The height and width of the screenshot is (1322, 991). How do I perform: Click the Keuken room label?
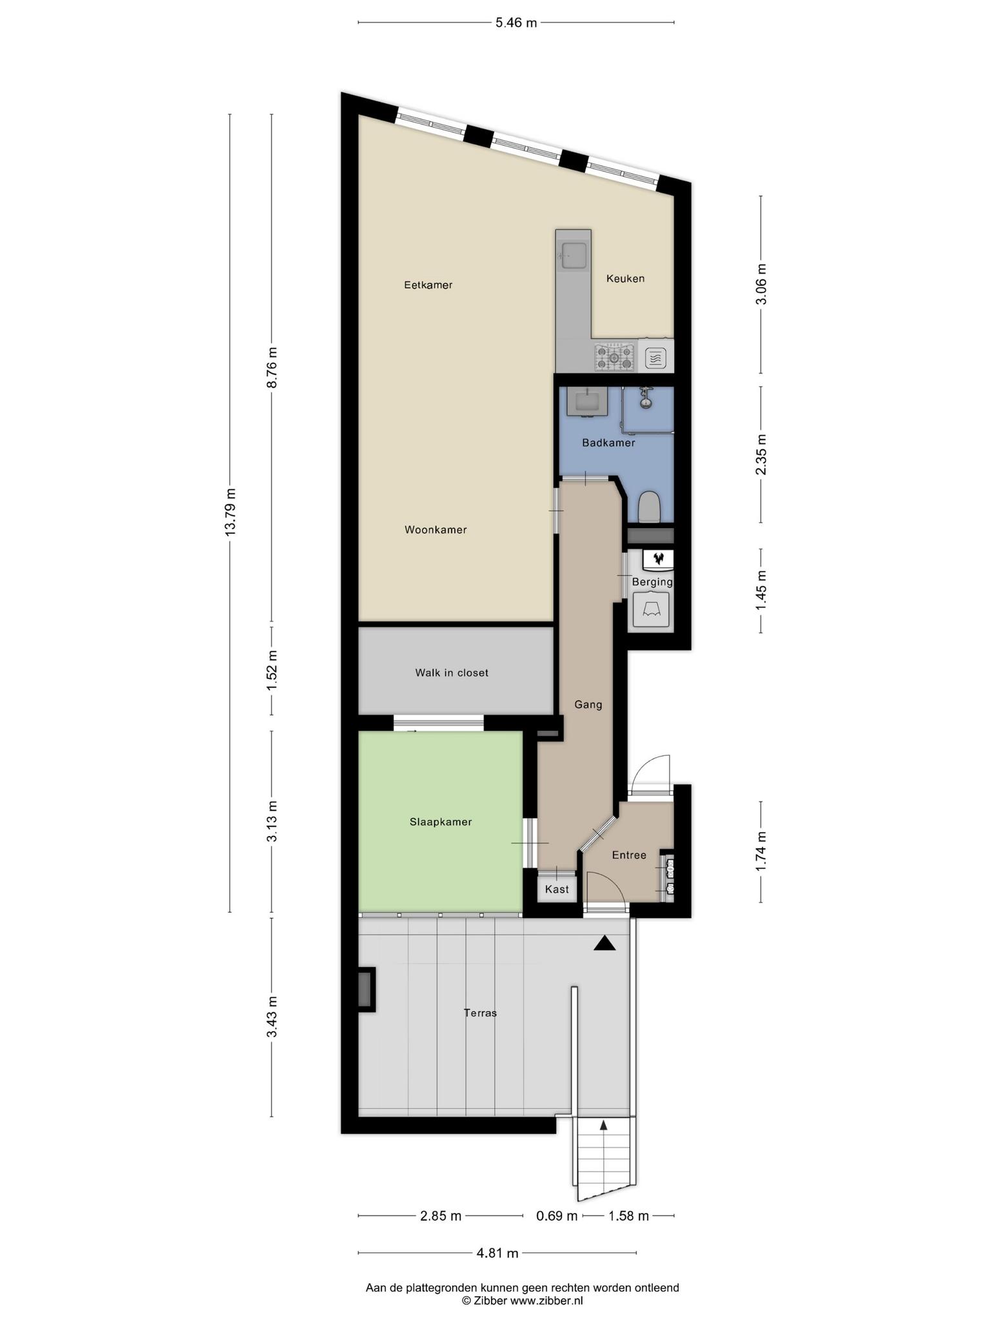(625, 279)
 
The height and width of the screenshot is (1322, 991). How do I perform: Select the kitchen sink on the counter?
(574, 255)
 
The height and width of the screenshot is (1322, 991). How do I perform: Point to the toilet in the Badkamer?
(649, 507)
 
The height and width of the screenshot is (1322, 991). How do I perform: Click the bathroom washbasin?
(585, 402)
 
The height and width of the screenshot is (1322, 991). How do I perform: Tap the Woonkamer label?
(435, 530)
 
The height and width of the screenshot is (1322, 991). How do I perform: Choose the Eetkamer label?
(428, 285)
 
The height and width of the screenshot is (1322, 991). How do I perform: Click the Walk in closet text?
(452, 673)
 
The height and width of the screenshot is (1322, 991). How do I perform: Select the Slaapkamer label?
(441, 822)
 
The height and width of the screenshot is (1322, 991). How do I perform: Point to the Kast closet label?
(557, 890)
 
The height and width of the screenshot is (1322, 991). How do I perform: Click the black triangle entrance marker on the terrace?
(605, 944)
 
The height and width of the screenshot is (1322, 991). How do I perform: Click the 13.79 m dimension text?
(230, 512)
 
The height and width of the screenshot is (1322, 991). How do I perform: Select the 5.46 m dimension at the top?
(516, 23)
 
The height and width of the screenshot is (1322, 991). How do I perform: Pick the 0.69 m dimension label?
(557, 1216)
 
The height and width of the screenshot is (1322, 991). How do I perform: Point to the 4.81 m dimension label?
(497, 1254)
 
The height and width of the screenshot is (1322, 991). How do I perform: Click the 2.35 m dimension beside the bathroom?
(761, 454)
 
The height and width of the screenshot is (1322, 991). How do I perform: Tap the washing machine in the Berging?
(651, 609)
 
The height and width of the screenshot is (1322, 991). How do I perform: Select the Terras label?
(481, 1013)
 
